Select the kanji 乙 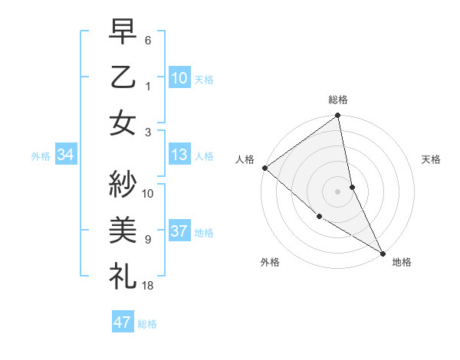click(123, 77)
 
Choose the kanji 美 click(123, 228)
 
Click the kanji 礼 click(123, 273)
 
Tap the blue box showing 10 click(179, 77)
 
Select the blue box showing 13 click(179, 155)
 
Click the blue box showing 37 click(179, 232)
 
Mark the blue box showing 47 click(122, 322)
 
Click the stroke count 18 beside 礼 click(148, 285)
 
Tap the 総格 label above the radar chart click(338, 100)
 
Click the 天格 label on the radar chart click(431, 159)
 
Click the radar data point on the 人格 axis click(264, 168)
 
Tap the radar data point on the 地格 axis click(383, 252)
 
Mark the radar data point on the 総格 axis click(338, 116)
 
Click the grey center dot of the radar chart click(338, 191)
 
